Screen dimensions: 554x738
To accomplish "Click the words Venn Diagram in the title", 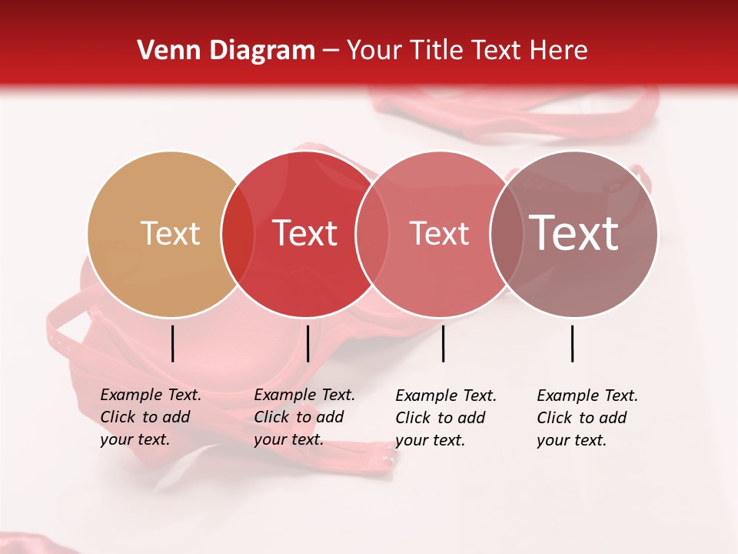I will (226, 51).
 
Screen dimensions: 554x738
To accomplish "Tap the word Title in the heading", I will (435, 51).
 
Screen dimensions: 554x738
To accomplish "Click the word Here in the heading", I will (559, 51).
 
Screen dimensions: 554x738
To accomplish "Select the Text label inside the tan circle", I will (170, 234).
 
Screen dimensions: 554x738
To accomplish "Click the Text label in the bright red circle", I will (305, 234).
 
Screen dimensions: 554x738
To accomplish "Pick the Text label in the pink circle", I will (439, 234).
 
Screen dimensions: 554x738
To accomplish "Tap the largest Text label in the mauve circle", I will (574, 233).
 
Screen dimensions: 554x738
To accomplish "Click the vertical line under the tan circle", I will (172, 343).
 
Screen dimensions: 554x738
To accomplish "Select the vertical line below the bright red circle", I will (307, 343).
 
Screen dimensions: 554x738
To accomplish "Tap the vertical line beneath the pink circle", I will (443, 343).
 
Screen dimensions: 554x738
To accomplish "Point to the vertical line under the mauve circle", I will (573, 343).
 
